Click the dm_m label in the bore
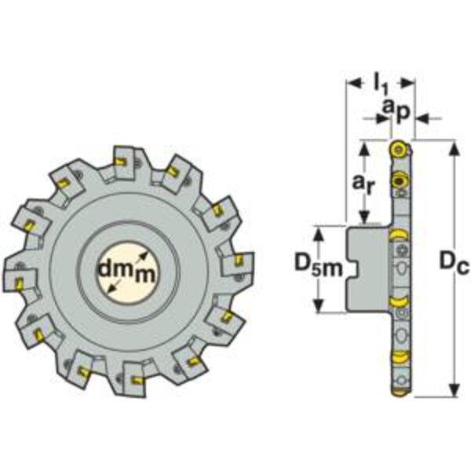128,270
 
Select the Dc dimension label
454,264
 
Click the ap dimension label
396,110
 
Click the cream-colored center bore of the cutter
128,272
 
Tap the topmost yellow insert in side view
400,149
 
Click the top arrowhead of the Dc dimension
455,148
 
